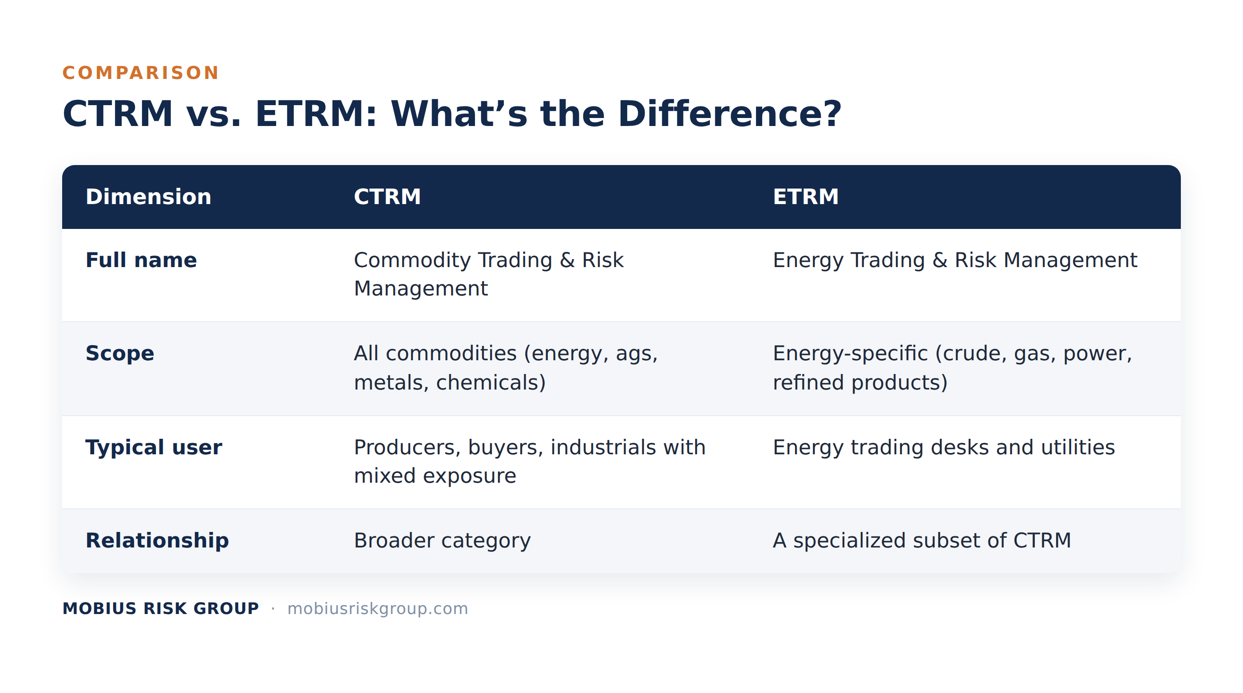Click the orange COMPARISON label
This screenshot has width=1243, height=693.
click(140, 73)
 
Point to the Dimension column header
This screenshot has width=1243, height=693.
click(148, 197)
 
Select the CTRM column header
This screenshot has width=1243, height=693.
click(387, 197)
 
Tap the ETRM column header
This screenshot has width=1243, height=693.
click(805, 197)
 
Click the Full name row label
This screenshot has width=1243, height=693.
click(141, 260)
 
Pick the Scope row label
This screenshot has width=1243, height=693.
click(120, 354)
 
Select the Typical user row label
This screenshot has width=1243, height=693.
click(154, 447)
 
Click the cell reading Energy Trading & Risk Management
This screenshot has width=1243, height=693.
click(955, 260)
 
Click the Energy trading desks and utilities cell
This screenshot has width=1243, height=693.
click(944, 447)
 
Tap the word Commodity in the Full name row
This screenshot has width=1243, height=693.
click(412, 260)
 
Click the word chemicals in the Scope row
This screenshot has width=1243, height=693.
click(491, 382)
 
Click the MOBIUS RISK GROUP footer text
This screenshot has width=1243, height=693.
click(161, 609)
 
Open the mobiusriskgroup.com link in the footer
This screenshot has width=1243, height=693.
click(377, 609)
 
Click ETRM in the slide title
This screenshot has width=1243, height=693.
click(316, 114)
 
